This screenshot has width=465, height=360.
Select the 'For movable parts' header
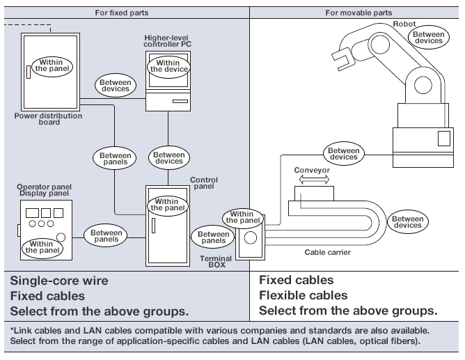[358, 13]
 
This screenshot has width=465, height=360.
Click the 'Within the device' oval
[168, 67]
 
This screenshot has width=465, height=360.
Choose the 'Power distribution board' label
[48, 120]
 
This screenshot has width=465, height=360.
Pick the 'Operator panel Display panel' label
[44, 191]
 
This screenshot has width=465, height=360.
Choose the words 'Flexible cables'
[303, 295]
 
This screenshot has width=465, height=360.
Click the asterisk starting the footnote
[13, 330]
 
